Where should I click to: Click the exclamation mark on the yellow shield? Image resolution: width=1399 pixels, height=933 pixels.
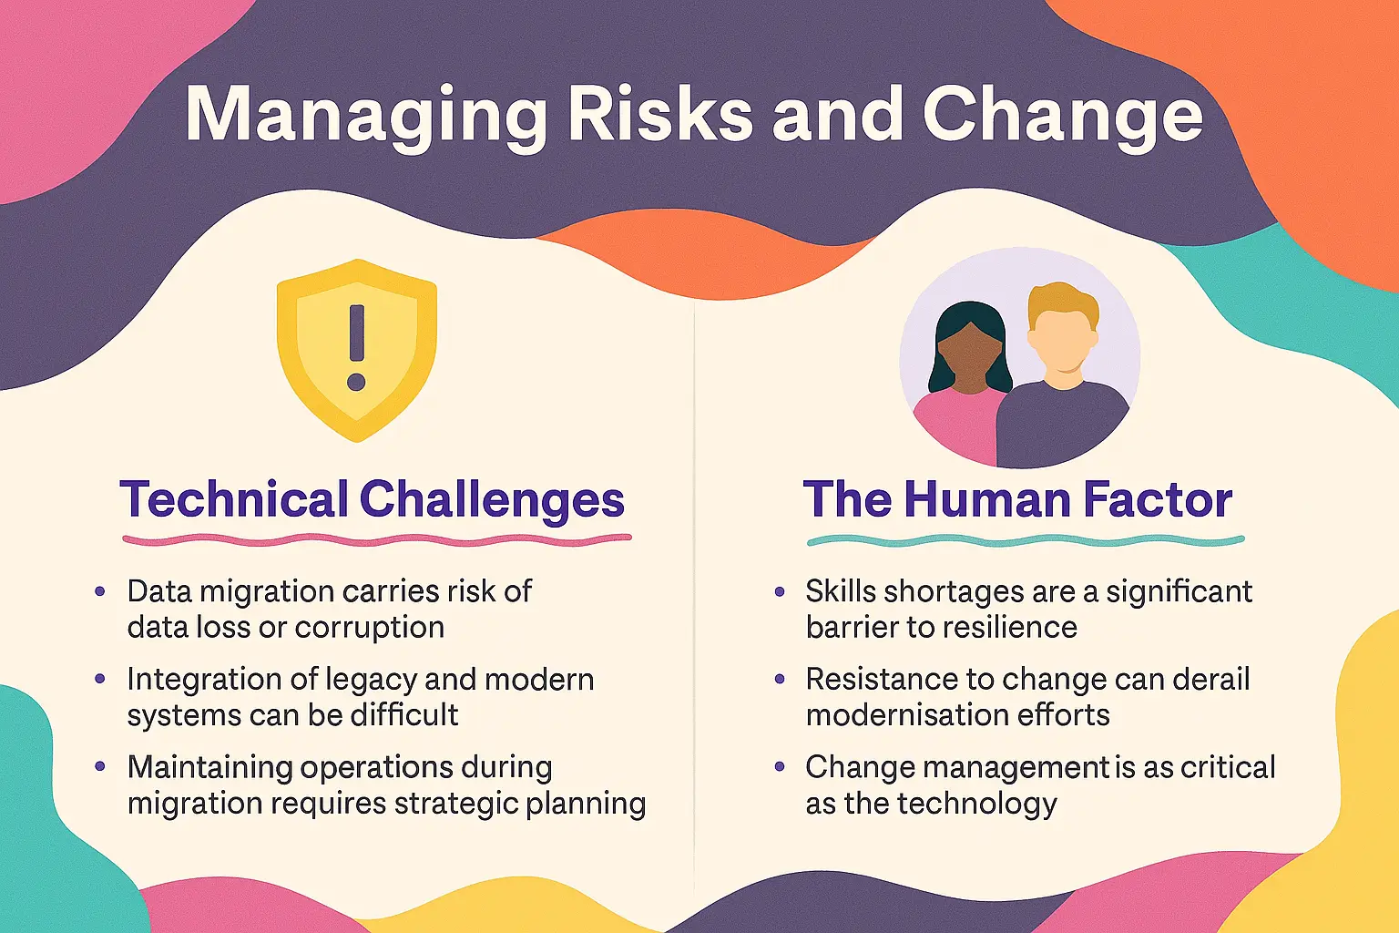tap(356, 347)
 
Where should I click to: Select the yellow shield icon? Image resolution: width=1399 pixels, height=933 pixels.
tap(356, 401)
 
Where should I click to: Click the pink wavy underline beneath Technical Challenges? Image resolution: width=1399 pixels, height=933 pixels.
tap(376, 539)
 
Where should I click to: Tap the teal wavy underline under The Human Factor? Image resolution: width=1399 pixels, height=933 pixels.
tap(1025, 541)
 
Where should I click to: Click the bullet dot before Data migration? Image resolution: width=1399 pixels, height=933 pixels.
tap(100, 592)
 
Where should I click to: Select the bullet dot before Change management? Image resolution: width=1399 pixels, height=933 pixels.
tap(780, 767)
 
